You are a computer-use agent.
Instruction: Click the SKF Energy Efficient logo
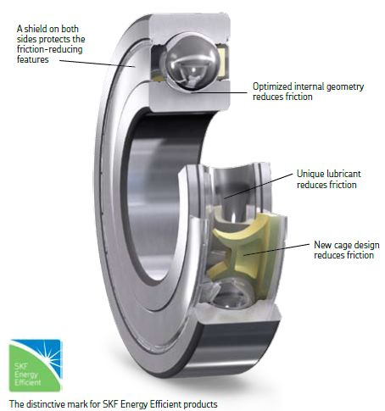click(x=36, y=365)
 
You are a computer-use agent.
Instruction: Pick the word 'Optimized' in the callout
click(x=272, y=86)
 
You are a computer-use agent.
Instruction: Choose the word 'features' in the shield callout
click(x=33, y=59)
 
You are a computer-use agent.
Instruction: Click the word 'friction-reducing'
click(x=50, y=49)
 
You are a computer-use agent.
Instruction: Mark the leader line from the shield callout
click(x=97, y=64)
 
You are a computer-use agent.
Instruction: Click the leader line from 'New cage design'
click(x=276, y=250)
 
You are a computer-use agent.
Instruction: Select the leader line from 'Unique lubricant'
click(x=259, y=186)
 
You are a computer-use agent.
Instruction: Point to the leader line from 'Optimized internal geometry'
click(x=218, y=92)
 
